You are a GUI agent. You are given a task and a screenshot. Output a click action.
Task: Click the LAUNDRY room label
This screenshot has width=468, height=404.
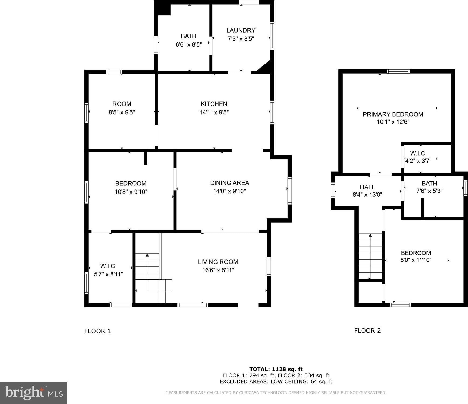point(241,30)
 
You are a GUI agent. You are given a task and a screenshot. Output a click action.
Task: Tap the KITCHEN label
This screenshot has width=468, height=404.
point(214,104)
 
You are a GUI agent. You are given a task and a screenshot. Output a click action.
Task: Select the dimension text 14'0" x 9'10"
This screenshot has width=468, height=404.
point(229,191)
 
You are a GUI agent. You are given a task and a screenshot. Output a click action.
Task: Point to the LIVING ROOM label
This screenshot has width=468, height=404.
point(218,262)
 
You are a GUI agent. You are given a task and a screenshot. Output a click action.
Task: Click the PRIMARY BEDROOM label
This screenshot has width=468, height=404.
point(393,114)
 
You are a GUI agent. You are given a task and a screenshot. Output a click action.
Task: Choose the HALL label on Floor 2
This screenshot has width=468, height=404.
point(367,187)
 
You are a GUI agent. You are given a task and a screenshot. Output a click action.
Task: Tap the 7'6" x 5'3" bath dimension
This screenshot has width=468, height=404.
point(429,191)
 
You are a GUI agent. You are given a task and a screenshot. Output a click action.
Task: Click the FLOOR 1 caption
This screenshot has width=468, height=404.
point(98,331)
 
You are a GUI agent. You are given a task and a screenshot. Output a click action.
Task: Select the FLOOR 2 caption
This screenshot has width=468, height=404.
point(367,331)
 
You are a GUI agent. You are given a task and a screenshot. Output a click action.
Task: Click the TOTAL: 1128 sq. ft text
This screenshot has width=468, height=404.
point(276,369)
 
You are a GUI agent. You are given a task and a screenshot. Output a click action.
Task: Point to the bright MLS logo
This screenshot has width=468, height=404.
point(34,393)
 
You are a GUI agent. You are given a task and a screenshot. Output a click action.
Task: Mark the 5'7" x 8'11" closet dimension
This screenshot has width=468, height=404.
point(108,274)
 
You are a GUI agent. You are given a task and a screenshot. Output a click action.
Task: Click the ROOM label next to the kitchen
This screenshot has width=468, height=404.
point(122,104)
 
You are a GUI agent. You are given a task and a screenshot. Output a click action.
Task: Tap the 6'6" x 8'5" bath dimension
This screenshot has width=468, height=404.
point(189,44)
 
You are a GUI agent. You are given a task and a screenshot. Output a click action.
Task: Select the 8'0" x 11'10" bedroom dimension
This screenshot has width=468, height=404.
point(416,260)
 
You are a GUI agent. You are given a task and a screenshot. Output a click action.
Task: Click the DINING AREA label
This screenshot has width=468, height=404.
point(229,183)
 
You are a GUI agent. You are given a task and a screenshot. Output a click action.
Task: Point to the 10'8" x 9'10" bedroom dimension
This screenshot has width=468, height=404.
point(131,192)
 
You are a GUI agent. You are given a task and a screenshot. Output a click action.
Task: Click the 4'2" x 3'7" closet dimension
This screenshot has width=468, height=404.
point(418,161)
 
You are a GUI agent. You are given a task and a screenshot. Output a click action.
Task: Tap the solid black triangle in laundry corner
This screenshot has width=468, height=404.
point(265,68)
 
